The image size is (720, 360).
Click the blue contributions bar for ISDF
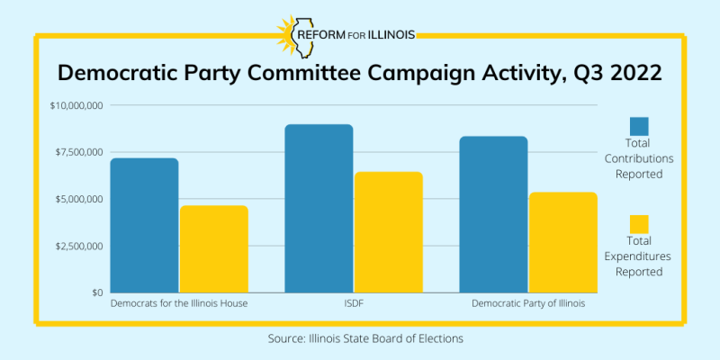pyautogui.click(x=319, y=209)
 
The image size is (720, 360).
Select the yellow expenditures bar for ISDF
pyautogui.click(x=389, y=232)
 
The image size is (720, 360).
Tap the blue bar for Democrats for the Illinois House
pyautogui.click(x=144, y=225)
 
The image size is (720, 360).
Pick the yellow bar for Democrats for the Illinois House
pyautogui.click(x=213, y=249)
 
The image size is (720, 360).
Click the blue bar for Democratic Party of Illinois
pyautogui.click(x=493, y=214)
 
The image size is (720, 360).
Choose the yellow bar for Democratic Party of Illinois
pyautogui.click(x=563, y=242)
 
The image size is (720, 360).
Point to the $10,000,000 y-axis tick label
pyautogui.click(x=76, y=105)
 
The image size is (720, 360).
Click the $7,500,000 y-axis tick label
pyautogui.click(x=78, y=152)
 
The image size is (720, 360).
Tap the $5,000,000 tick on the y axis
pyautogui.click(x=78, y=199)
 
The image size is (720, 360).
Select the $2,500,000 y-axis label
pyautogui.click(x=78, y=246)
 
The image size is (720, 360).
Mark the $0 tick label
pyautogui.click(x=95, y=292)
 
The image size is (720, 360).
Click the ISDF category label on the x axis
pyautogui.click(x=354, y=304)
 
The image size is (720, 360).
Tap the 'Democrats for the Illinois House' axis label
pyautogui.click(x=179, y=304)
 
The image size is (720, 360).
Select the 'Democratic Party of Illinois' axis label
pyautogui.click(x=528, y=304)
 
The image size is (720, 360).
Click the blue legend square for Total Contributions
pyautogui.click(x=639, y=126)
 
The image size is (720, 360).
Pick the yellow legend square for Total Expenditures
pyautogui.click(x=639, y=224)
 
